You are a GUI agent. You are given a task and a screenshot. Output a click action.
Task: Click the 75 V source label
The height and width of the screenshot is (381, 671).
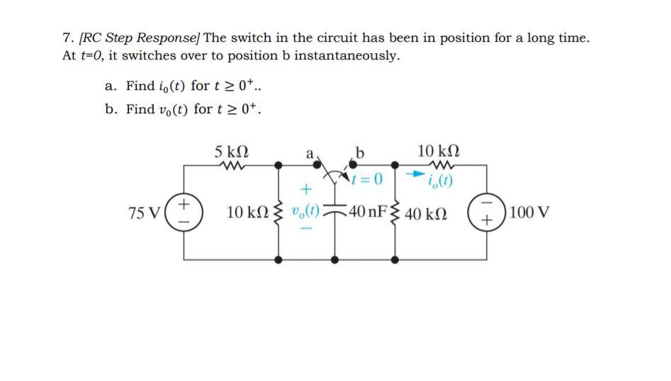click(144, 212)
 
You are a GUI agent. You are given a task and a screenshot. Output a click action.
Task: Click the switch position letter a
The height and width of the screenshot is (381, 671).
click(309, 153)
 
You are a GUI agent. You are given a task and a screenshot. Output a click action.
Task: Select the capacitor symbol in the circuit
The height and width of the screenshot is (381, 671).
click(335, 213)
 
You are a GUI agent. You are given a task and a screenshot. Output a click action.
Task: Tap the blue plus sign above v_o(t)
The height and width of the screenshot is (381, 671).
click(306, 190)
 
